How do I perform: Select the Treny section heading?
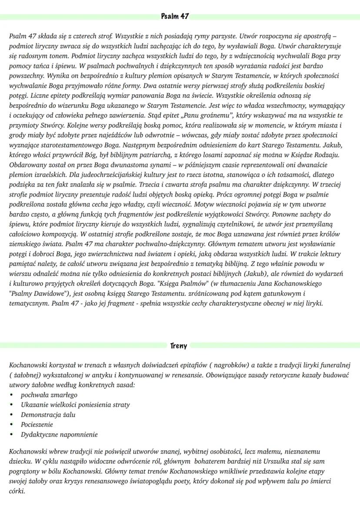point(179,346)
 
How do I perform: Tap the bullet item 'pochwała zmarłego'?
point(49,395)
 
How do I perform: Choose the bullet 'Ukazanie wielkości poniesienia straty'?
point(75,405)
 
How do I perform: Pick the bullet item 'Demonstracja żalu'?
point(48,415)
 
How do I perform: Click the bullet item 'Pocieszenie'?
point(37,425)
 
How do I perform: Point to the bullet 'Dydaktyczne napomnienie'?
point(60,435)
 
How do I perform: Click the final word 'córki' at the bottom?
point(17,491)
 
